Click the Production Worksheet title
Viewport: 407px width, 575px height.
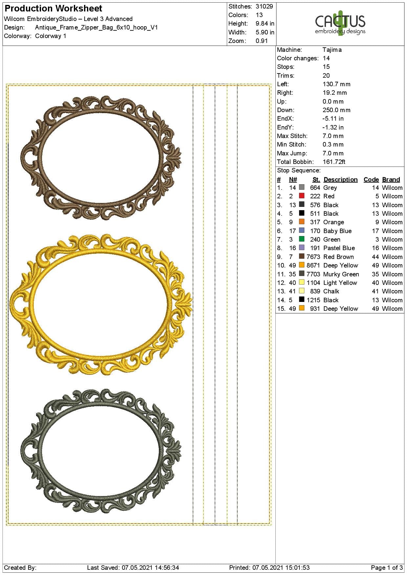(x=54, y=9)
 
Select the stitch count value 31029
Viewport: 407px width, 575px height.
(x=264, y=6)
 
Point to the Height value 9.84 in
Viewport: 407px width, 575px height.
(x=265, y=24)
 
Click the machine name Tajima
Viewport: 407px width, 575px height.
(x=332, y=50)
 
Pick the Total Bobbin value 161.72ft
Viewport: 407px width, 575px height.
(x=334, y=162)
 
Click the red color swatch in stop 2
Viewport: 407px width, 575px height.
(x=302, y=196)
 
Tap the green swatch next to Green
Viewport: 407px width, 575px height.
(x=302, y=239)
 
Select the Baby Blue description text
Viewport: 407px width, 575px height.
(x=337, y=231)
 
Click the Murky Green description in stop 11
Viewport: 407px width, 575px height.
(x=341, y=274)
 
